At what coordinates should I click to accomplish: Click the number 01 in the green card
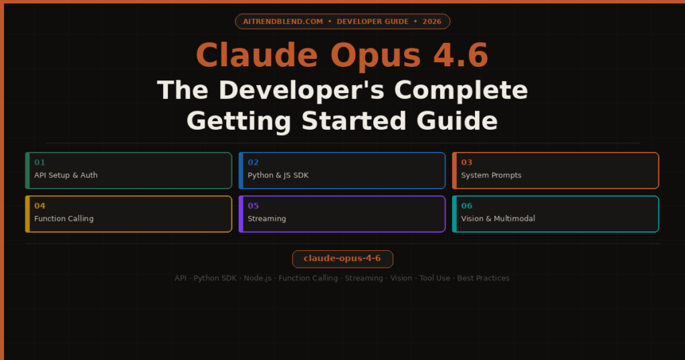pos(39,163)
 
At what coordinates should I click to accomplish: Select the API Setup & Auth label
pos(66,175)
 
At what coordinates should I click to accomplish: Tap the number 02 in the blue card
pos(253,163)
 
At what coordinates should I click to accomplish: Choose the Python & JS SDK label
pos(278,175)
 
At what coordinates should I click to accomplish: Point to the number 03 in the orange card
pos(466,163)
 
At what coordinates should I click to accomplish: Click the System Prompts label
pos(491,175)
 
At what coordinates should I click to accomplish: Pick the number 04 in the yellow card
pos(39,206)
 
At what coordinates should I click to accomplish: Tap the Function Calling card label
pos(64,219)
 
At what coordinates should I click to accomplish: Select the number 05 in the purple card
pos(253,206)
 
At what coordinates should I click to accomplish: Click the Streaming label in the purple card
pos(266,219)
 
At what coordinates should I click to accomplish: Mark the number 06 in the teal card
pos(466,206)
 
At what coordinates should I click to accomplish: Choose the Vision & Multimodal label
pos(498,219)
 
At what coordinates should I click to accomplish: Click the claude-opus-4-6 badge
pos(342,259)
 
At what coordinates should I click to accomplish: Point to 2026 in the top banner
pos(432,21)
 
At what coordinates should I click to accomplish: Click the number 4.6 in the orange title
pos(460,56)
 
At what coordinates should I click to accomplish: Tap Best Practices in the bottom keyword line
pos(483,278)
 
